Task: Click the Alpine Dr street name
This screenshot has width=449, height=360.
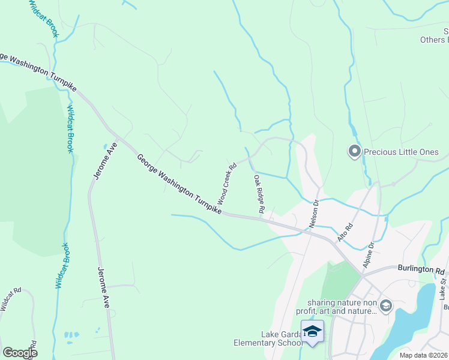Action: [368, 254]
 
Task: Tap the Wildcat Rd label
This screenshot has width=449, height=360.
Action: [10, 299]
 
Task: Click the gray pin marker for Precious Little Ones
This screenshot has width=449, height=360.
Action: [354, 151]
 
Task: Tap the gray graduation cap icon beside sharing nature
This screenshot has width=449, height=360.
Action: [385, 307]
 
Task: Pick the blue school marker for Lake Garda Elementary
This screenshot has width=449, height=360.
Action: [312, 332]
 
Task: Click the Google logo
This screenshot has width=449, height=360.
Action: [20, 353]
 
